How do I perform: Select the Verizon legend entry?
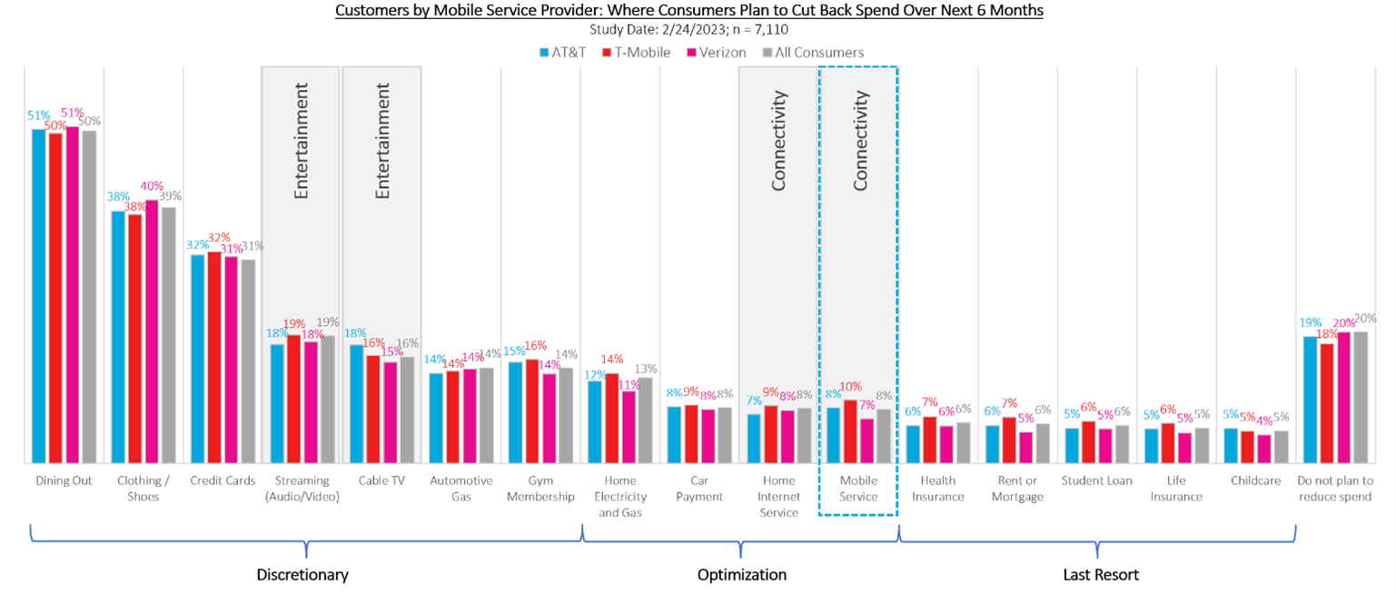tap(717, 53)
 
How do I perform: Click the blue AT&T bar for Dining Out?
tap(38, 295)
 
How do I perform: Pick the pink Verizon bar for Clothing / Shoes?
tap(152, 332)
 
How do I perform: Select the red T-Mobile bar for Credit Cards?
tap(213, 357)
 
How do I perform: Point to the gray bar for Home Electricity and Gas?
tap(645, 420)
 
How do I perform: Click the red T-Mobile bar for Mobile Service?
tap(850, 431)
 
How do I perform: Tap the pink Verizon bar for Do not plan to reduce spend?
tap(1343, 398)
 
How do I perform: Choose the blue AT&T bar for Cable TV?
tap(356, 403)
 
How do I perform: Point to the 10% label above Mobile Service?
tap(851, 387)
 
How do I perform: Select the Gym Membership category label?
tap(540, 489)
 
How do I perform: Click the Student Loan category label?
tap(1097, 480)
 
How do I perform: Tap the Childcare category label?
tap(1256, 480)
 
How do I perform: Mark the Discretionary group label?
tap(302, 575)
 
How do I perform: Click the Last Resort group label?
tap(1101, 575)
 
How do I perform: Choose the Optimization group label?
tap(741, 575)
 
